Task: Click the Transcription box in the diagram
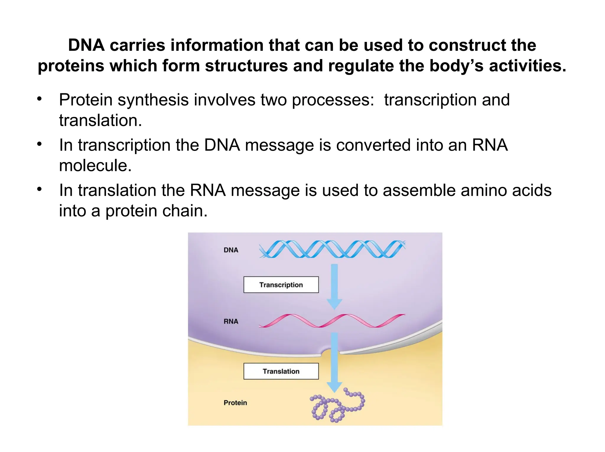(281, 285)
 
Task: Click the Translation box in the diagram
(281, 371)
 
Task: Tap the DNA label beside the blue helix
(231, 250)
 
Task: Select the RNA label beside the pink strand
(231, 321)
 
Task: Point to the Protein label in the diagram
(235, 403)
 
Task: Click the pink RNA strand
(332, 321)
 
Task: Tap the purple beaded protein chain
(337, 406)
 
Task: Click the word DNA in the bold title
(86, 45)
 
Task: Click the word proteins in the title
(71, 66)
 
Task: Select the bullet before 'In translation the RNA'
(40, 189)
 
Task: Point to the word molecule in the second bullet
(95, 165)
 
